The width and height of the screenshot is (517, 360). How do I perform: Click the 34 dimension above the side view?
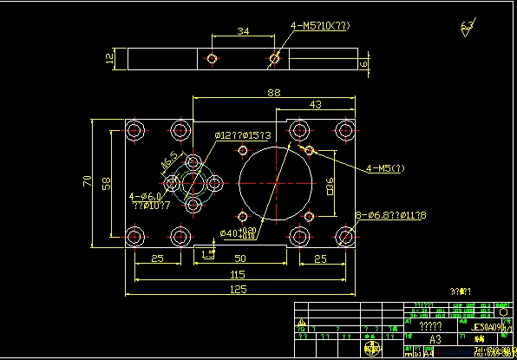coord(243,32)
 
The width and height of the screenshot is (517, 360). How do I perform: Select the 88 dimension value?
coord(273,92)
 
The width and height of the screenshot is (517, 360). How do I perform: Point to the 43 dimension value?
coord(315,104)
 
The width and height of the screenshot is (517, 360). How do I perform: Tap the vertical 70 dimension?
coord(88,181)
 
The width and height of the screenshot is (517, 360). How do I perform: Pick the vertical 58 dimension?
coord(107,183)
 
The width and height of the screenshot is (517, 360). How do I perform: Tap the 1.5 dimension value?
coord(207,253)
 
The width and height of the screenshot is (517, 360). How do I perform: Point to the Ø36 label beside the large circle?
coord(330,186)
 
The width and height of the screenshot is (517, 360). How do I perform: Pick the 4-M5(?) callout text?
coord(385,167)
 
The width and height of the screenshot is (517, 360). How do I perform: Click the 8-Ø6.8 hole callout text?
coord(390,214)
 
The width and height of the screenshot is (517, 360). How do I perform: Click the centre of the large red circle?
coord(276,183)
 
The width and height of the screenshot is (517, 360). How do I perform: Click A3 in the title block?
coord(435,341)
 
